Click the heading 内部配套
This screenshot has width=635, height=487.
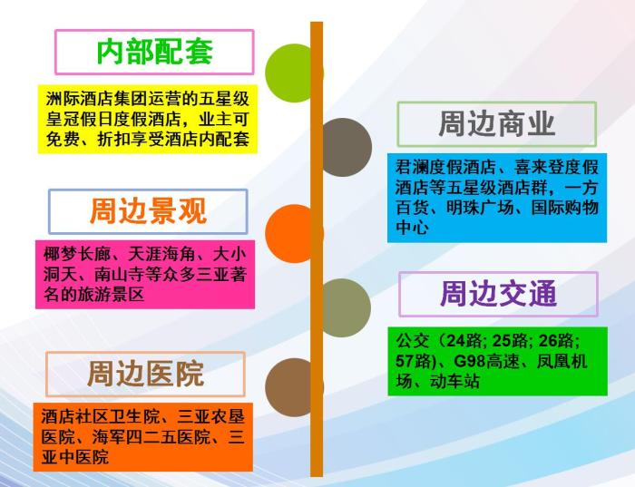coord(155,53)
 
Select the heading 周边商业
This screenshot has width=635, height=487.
coord(497,124)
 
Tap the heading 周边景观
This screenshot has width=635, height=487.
coord(148,211)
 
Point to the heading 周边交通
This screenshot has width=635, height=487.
coord(499,294)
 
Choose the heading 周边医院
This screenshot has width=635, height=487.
coord(146,374)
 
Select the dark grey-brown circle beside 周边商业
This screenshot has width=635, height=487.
coord(344,147)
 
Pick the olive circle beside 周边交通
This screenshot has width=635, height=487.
coord(344,308)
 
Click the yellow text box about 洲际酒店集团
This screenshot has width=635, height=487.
coord(148,119)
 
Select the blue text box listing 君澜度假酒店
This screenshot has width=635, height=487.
coord(497,198)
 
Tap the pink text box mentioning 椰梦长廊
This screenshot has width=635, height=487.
coord(145,275)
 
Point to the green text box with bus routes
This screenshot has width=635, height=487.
coord(498,361)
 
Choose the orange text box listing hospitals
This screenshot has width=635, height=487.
coord(143,437)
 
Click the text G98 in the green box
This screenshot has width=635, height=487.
coord(469,361)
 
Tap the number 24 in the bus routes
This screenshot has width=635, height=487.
coord(455,341)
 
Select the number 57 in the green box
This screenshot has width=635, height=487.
coord(405,361)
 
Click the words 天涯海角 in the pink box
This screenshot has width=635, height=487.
coord(161,255)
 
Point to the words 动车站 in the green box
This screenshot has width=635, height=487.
coord(454,381)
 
